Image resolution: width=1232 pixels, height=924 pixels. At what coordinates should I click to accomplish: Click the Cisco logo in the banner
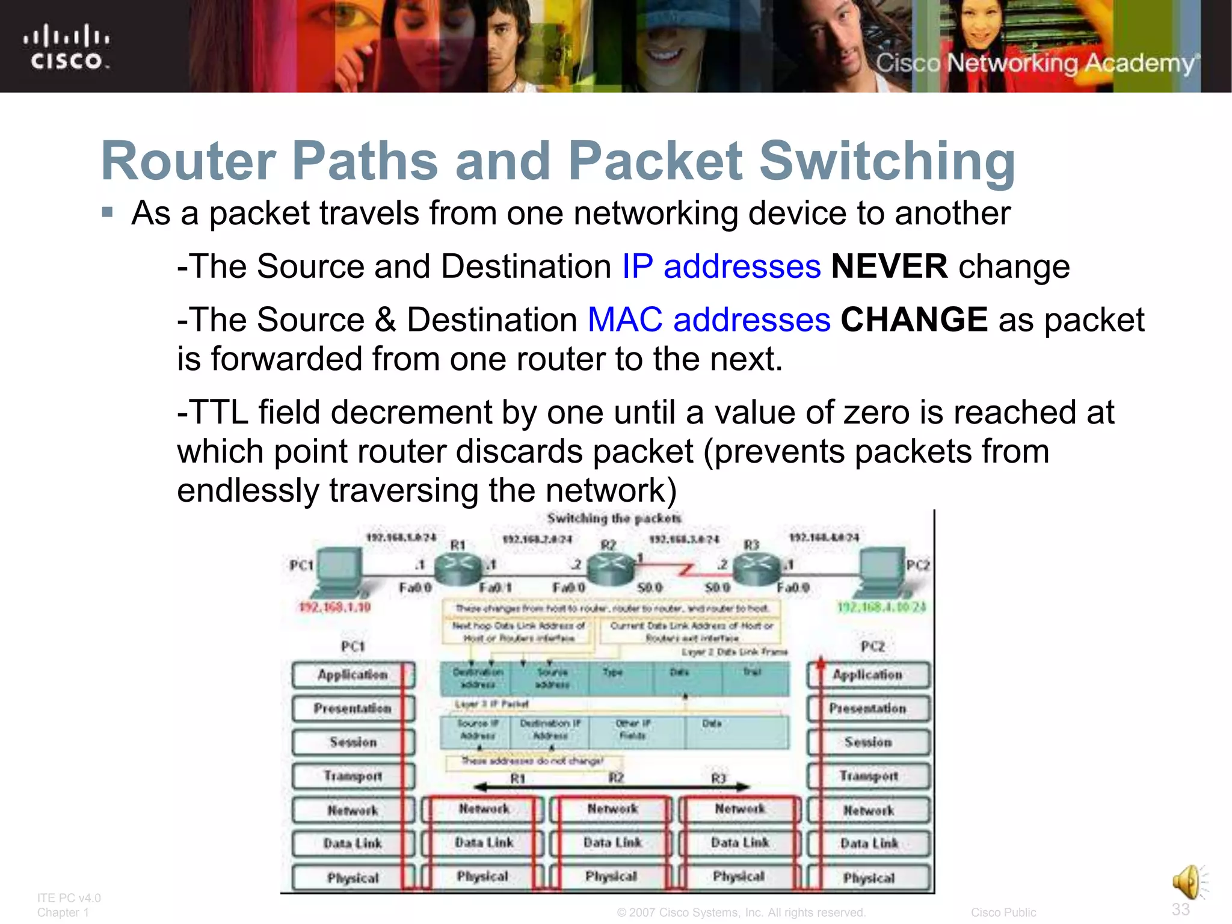click(x=67, y=47)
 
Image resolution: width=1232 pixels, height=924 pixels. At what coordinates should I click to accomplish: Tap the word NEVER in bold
click(x=889, y=266)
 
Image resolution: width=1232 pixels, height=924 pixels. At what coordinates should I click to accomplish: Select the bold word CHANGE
click(x=914, y=319)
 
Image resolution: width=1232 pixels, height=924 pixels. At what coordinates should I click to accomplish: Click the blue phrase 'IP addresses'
click(x=721, y=266)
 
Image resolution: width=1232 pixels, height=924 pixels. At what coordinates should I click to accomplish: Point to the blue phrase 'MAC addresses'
click(x=709, y=319)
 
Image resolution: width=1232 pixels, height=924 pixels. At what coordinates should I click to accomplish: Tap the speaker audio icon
click(x=1189, y=882)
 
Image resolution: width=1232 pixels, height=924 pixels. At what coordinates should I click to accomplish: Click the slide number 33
click(x=1180, y=909)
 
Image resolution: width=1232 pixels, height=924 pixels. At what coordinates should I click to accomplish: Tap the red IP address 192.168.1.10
click(x=334, y=607)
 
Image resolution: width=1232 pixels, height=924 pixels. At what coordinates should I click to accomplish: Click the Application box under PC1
click(x=353, y=675)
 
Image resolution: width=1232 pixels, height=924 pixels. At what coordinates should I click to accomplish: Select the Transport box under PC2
click(x=869, y=776)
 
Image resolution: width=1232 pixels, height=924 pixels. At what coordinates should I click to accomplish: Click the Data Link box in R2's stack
click(x=612, y=843)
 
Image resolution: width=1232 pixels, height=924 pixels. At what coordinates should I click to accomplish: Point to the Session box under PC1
click(x=353, y=742)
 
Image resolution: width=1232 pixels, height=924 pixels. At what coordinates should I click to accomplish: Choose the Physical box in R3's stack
click(x=739, y=876)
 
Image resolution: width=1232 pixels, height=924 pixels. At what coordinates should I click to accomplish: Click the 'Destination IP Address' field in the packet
click(x=550, y=730)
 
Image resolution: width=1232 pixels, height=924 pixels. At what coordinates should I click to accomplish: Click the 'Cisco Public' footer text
click(x=1003, y=913)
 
